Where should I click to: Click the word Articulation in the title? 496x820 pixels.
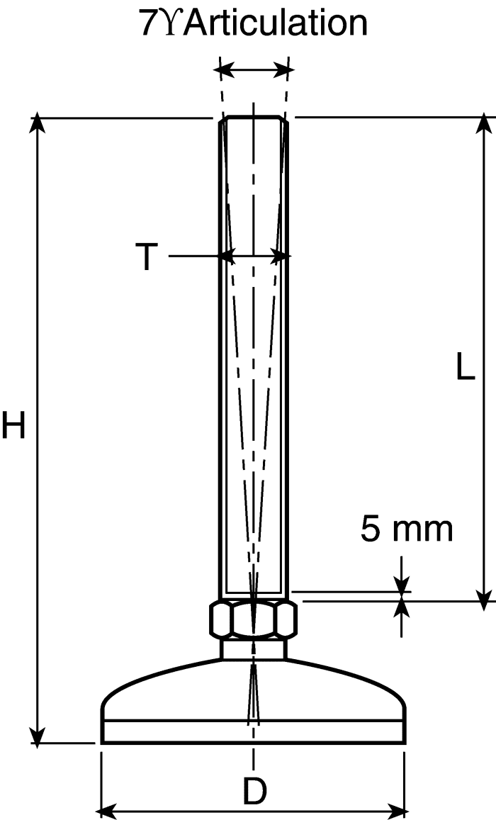276,23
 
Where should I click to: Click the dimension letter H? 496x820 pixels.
13,425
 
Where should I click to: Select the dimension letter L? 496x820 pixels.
465,366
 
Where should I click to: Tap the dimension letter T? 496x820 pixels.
147,257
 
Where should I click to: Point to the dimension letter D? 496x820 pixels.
254,791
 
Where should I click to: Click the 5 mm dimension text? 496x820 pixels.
407,529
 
